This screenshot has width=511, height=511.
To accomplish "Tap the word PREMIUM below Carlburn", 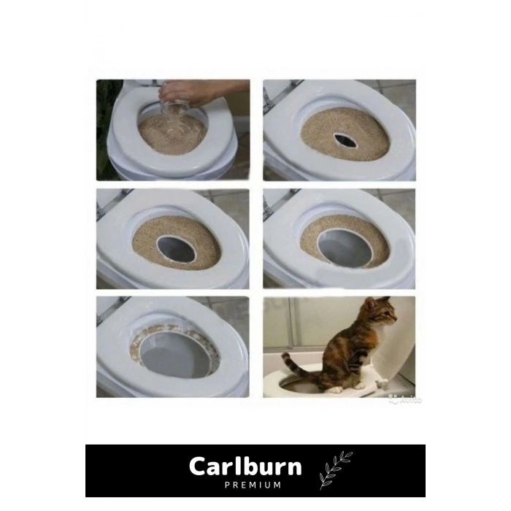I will (x=252, y=484).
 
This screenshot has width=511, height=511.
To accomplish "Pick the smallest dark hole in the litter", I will (x=345, y=140).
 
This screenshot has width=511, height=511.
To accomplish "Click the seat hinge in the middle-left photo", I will (x=105, y=207).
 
